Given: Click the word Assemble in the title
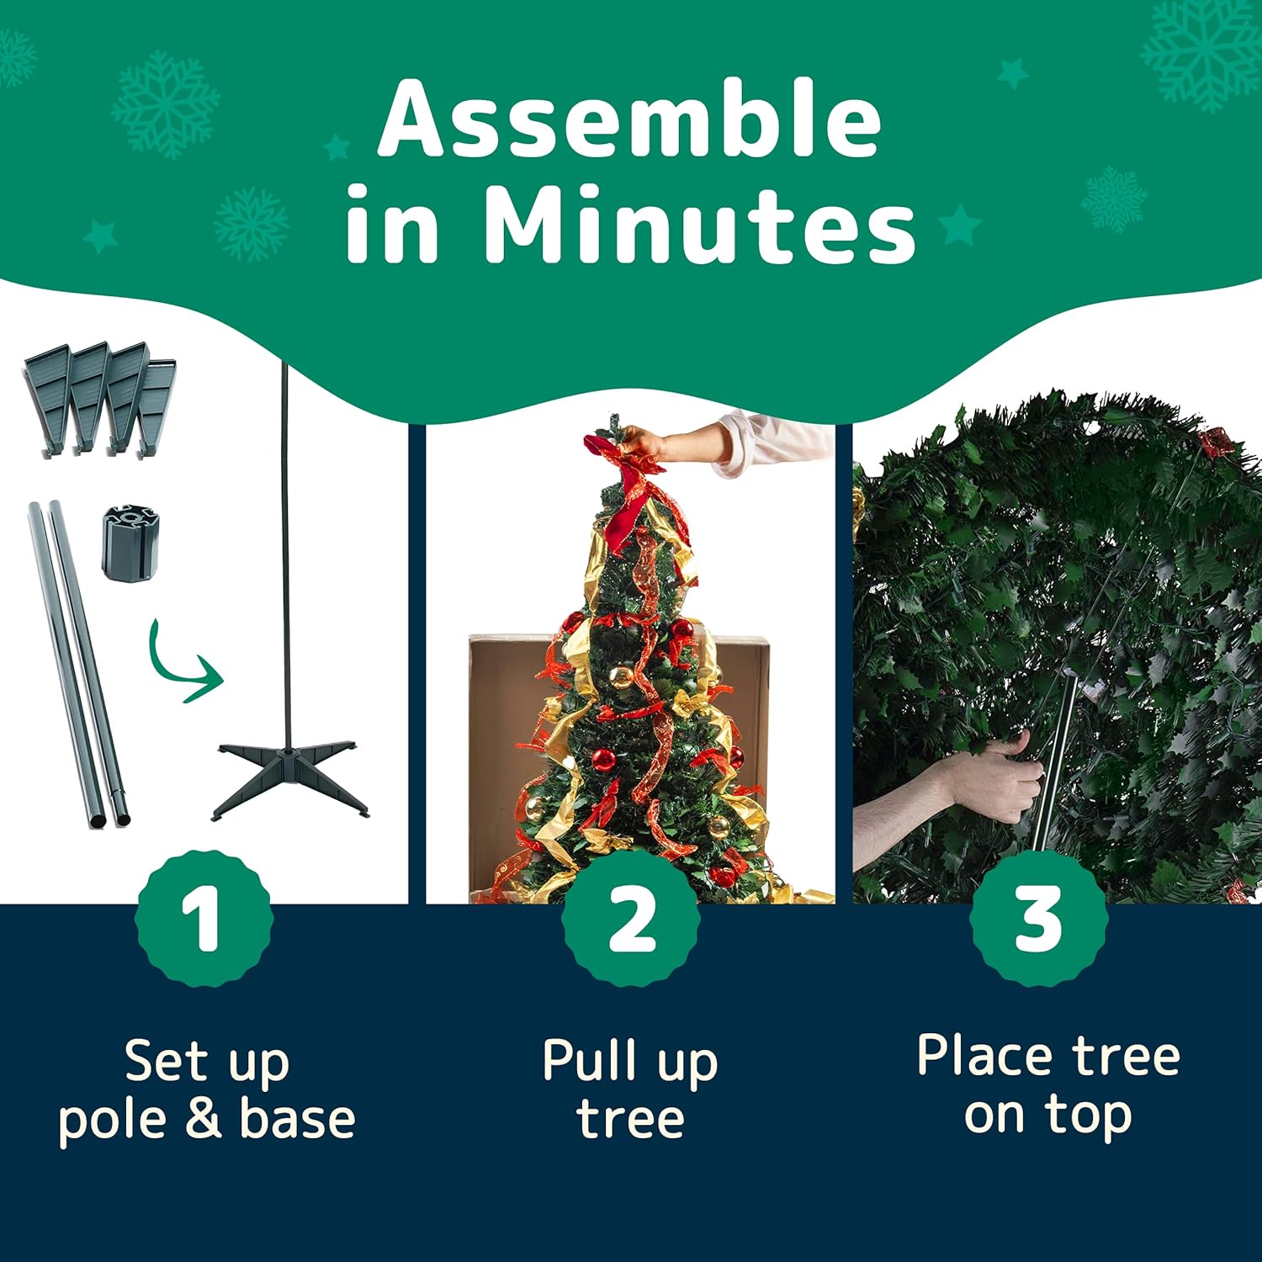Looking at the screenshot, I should pos(629,120).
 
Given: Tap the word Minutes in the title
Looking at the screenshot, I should pos(699,225).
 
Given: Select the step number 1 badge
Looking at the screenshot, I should pos(204,918).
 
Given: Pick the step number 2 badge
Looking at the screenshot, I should pos(630,918).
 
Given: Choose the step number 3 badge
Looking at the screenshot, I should pos(1038,918).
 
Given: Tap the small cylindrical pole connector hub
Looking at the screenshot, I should pos(130,543).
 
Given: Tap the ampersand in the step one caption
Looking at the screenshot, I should pos(202,1120).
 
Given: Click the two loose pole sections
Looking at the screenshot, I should pos(80,665).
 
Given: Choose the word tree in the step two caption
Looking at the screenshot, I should pos(631,1120).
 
